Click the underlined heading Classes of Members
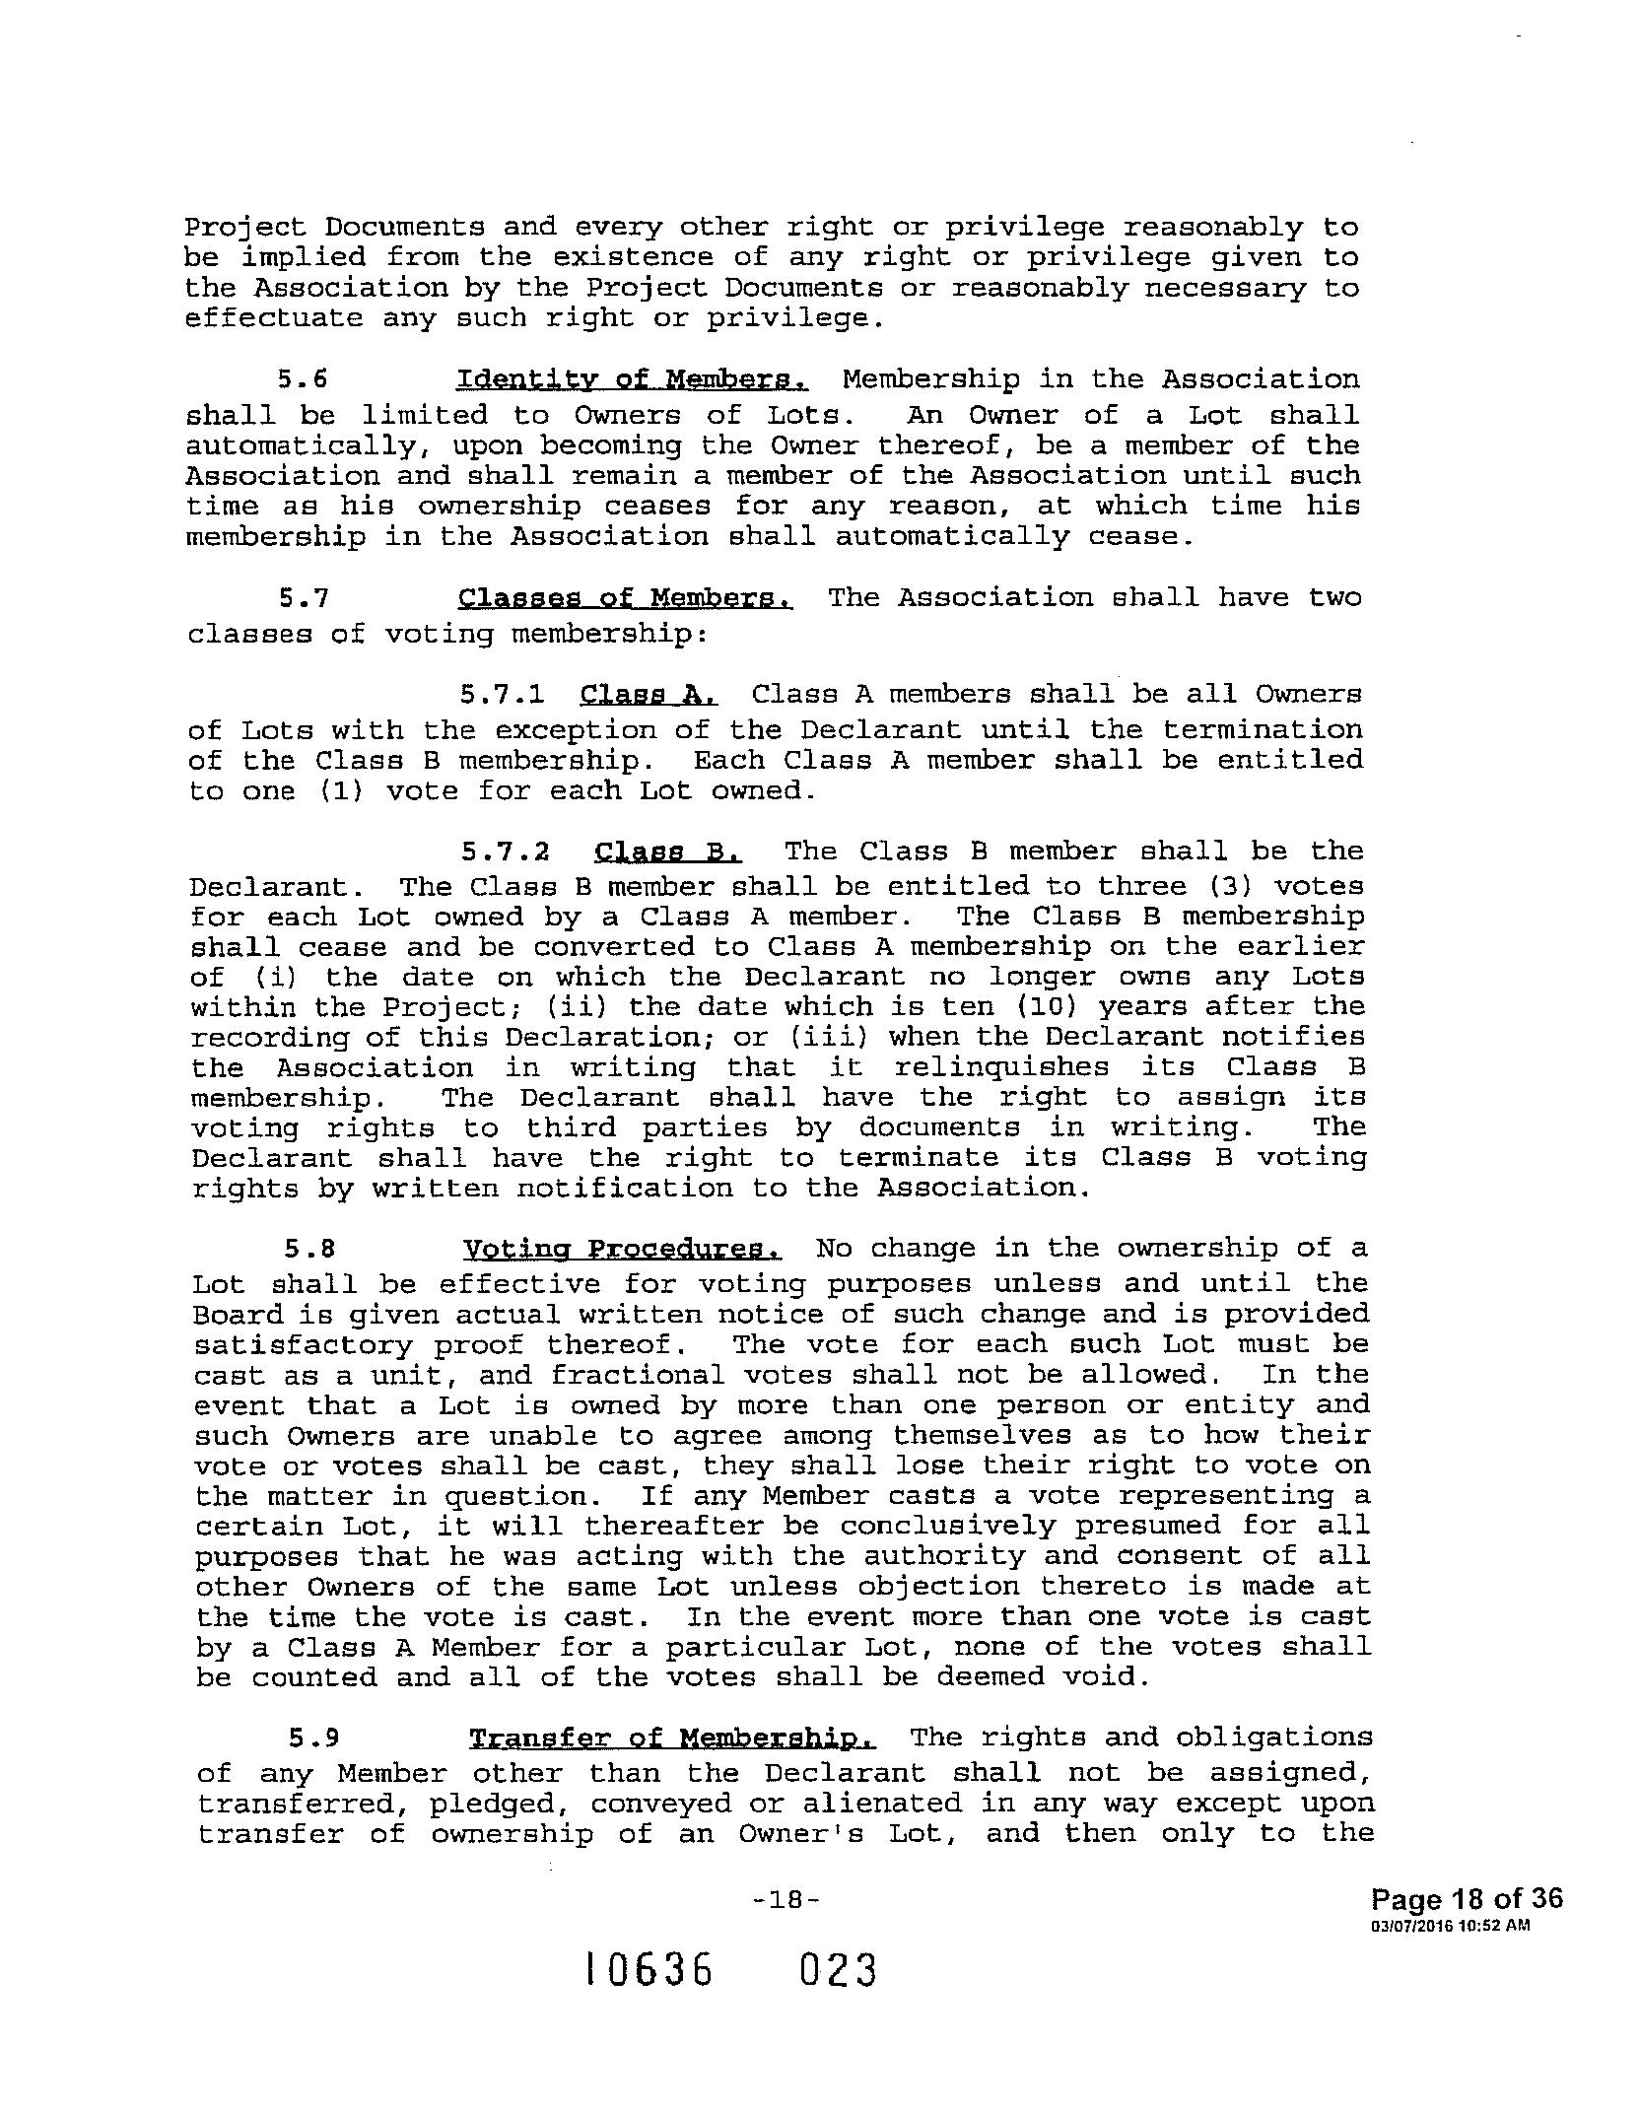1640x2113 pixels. [626, 599]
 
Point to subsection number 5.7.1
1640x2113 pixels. [502, 695]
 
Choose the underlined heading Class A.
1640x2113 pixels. [649, 695]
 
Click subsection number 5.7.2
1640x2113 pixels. [505, 852]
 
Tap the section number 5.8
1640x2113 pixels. [309, 1250]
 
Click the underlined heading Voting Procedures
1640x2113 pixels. [623, 1250]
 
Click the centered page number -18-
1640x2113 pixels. [785, 1899]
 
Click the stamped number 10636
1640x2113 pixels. [648, 1971]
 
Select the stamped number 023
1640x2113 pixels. [837, 1971]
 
